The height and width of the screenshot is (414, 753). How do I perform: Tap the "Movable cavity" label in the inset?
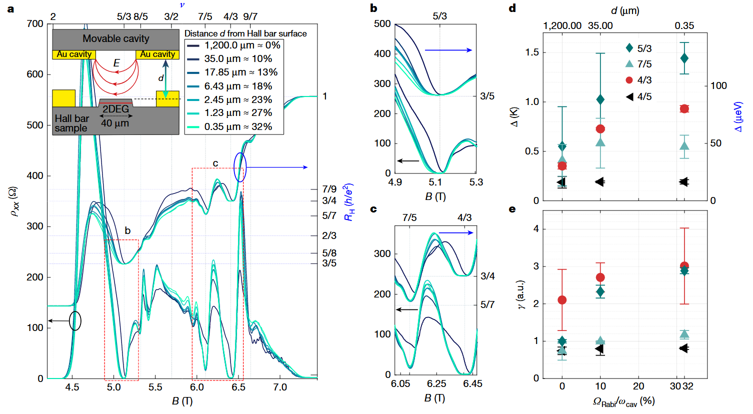click(x=115, y=38)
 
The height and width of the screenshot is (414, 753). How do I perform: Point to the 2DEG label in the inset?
click(x=115, y=109)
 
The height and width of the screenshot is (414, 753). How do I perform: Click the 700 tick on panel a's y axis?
click(x=35, y=24)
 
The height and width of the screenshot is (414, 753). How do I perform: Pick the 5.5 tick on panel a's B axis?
click(x=155, y=387)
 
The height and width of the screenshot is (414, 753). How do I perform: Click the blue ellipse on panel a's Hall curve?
click(x=240, y=167)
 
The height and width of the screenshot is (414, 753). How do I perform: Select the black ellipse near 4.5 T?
click(x=75, y=320)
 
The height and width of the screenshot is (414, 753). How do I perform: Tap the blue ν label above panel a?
click(x=182, y=5)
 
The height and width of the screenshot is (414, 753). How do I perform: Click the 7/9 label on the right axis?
click(x=329, y=189)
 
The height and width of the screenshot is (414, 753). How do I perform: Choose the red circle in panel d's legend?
click(x=629, y=80)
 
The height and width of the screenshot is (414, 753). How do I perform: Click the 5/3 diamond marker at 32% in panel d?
click(x=684, y=58)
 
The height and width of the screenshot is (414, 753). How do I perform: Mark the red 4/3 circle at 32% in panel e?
click(x=684, y=266)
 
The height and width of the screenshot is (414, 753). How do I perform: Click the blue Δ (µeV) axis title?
click(x=738, y=117)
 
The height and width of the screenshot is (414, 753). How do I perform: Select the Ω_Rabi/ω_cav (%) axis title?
click(x=623, y=401)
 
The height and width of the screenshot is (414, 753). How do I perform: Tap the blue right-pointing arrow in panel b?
click(x=448, y=50)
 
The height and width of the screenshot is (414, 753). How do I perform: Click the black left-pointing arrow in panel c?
click(x=407, y=309)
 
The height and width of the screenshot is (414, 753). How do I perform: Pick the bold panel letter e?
click(x=512, y=209)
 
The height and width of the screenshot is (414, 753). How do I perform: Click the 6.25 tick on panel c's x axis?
click(x=436, y=383)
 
